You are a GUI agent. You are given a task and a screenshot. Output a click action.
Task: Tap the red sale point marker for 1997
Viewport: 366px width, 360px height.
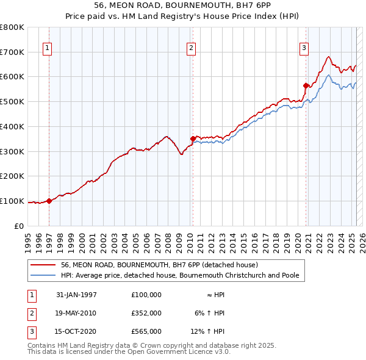tap(49, 201)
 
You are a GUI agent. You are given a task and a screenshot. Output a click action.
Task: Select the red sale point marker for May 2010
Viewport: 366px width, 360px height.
tap(193, 139)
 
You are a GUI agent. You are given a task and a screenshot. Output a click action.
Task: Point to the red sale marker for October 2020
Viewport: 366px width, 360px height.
tap(306, 85)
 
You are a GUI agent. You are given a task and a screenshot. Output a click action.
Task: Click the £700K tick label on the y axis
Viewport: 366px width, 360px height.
tap(12, 52)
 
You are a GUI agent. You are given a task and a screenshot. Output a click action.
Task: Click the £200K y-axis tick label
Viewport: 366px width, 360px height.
tap(12, 176)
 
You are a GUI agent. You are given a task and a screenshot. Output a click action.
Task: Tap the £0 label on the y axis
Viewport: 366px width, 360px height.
tap(18, 226)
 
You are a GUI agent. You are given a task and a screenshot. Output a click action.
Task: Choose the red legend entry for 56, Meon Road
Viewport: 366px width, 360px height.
tap(160, 265)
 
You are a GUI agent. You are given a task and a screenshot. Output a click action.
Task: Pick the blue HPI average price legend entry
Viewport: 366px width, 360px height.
tap(179, 275)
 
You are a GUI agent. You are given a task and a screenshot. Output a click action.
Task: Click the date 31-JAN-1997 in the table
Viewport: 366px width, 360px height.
tap(76, 295)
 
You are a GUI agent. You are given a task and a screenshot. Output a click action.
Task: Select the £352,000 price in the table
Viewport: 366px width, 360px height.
tap(146, 313)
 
